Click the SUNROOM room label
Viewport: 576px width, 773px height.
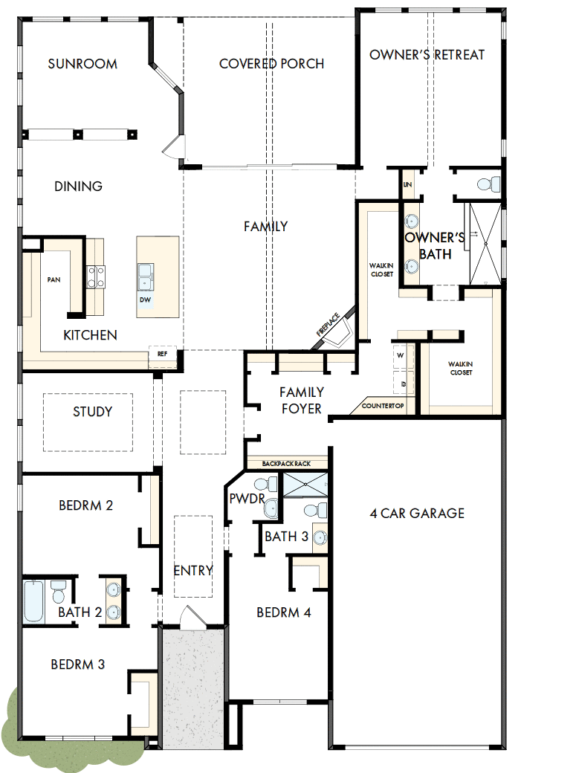tap(82, 64)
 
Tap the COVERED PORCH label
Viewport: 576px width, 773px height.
tap(271, 64)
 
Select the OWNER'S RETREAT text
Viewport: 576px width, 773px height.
tap(427, 55)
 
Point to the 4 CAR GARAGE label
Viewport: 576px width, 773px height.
tap(417, 513)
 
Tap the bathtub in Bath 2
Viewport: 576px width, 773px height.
tap(33, 601)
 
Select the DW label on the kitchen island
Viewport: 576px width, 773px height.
tap(145, 300)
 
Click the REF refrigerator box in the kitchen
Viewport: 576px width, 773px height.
tap(162, 355)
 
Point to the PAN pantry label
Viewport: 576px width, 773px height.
tap(54, 279)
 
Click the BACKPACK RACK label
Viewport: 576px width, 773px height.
tap(286, 464)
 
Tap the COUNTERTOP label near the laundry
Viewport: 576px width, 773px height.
tap(383, 406)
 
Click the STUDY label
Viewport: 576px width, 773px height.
tap(93, 412)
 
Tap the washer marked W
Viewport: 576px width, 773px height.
tap(401, 355)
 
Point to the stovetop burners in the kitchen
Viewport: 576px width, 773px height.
tap(97, 276)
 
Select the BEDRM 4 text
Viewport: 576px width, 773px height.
tap(283, 612)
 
